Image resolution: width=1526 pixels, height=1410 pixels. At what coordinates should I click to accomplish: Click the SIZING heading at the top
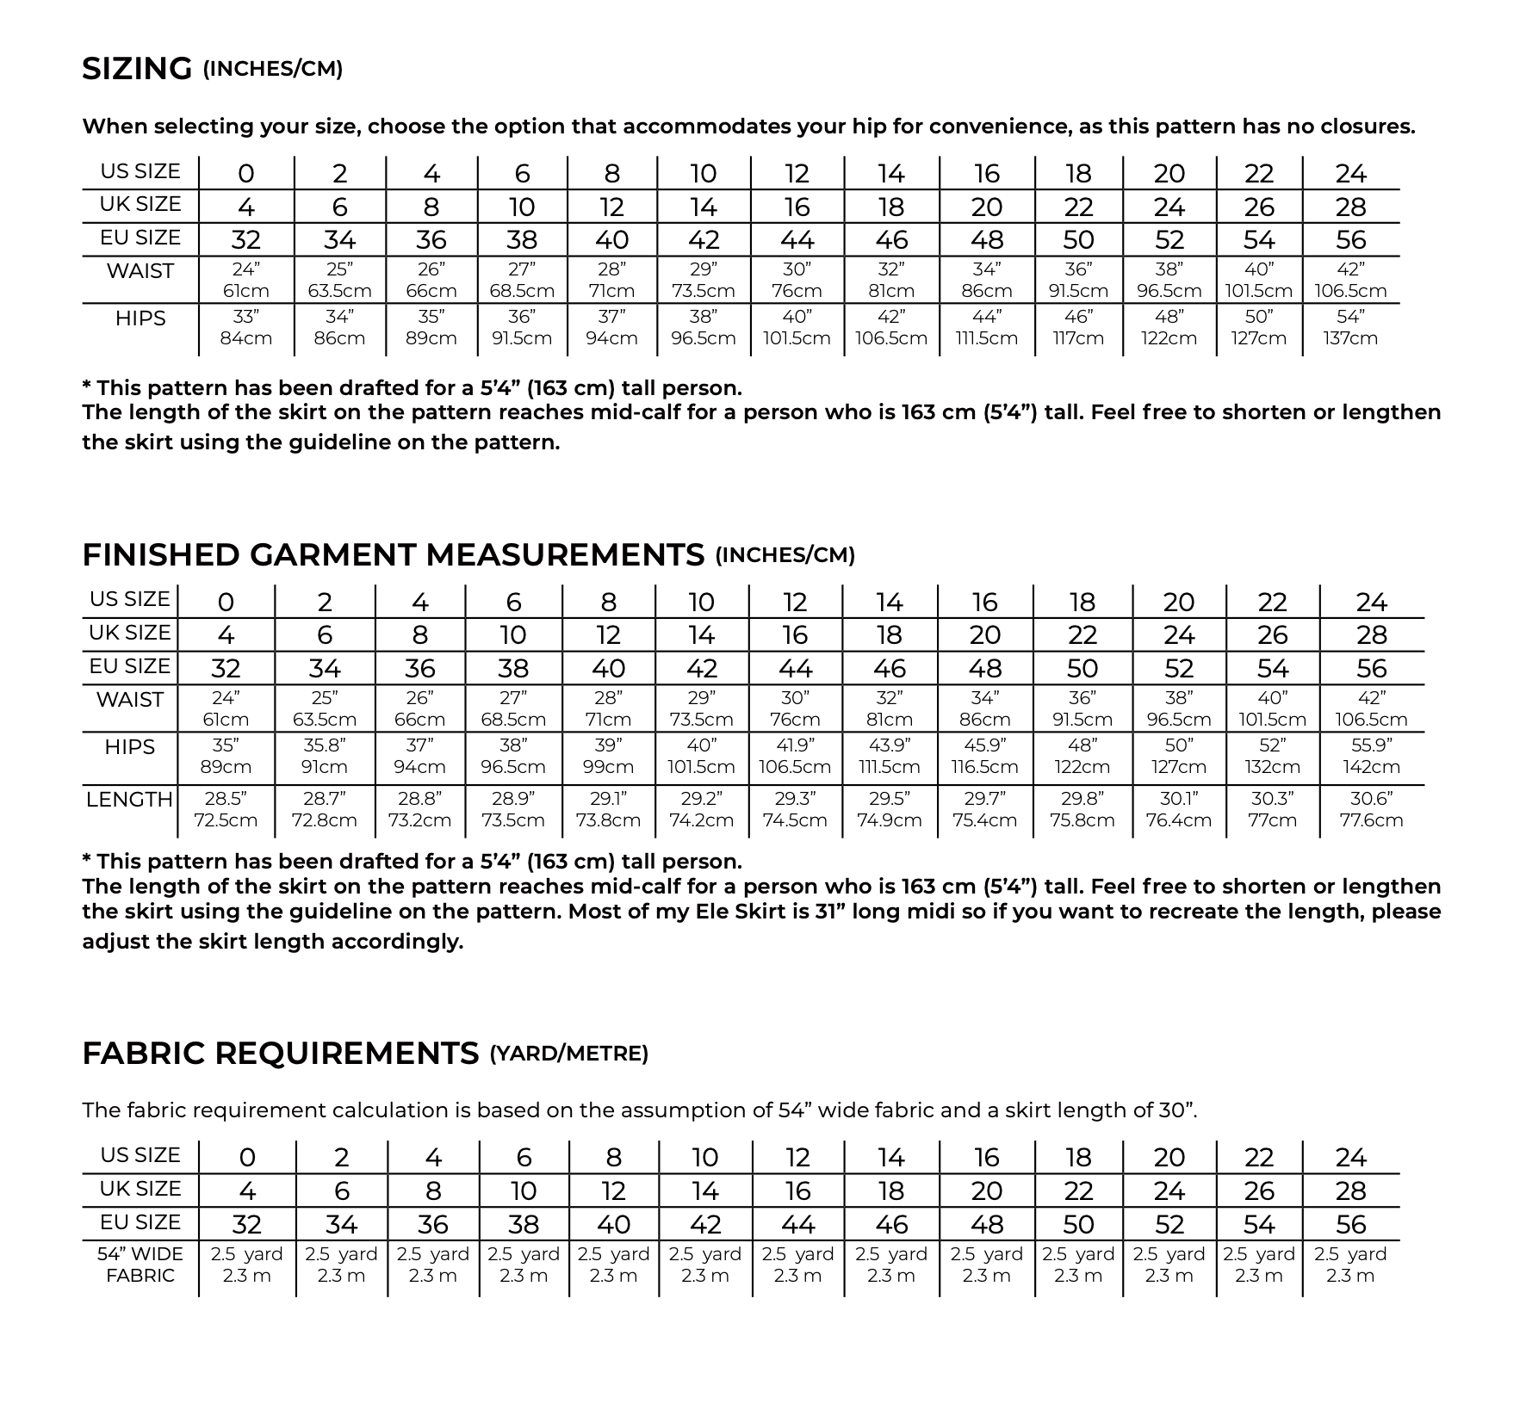(137, 69)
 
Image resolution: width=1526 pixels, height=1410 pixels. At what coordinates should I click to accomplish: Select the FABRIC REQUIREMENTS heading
(280, 1053)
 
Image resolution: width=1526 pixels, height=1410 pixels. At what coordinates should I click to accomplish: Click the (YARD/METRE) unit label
(568, 1054)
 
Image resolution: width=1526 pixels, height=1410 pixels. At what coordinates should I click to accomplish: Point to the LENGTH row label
(129, 800)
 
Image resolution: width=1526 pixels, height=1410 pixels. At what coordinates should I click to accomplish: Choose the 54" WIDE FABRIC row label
(140, 1265)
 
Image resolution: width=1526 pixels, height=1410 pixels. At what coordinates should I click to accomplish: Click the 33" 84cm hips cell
(246, 328)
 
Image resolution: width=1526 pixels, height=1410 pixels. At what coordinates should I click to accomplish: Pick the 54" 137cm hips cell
(1350, 328)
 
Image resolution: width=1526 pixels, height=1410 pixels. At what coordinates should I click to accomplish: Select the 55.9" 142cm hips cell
(1371, 756)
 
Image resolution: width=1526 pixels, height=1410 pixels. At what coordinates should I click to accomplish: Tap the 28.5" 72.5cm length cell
(226, 809)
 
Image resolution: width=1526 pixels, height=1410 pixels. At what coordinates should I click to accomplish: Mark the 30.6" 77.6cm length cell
(1371, 809)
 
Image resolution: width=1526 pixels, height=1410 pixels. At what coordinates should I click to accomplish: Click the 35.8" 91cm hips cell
(325, 756)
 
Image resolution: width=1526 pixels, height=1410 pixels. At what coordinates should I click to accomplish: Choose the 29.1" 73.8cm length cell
(608, 809)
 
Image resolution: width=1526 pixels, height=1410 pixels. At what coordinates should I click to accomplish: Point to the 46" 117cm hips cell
(1078, 328)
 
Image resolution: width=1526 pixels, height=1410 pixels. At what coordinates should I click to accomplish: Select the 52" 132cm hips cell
(1272, 756)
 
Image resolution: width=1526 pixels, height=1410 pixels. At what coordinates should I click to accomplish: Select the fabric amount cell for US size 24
(1350, 1265)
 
